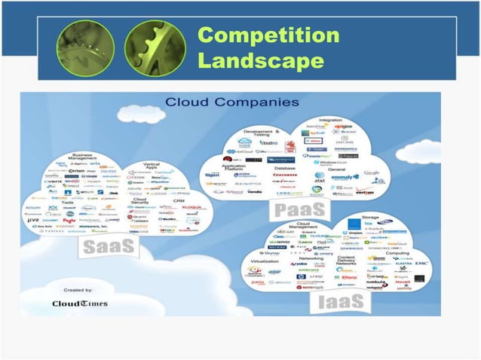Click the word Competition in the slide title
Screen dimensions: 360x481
click(x=268, y=35)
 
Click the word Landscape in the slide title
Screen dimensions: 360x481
click(x=260, y=59)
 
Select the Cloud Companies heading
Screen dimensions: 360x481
click(x=231, y=102)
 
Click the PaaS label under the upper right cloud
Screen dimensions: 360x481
click(x=300, y=209)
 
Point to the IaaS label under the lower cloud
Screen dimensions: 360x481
click(x=341, y=301)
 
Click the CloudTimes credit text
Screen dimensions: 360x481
click(x=79, y=304)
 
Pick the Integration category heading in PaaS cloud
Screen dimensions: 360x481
click(x=329, y=119)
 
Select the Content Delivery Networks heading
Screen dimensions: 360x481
click(x=346, y=260)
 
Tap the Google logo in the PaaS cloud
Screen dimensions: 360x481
click(x=371, y=172)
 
